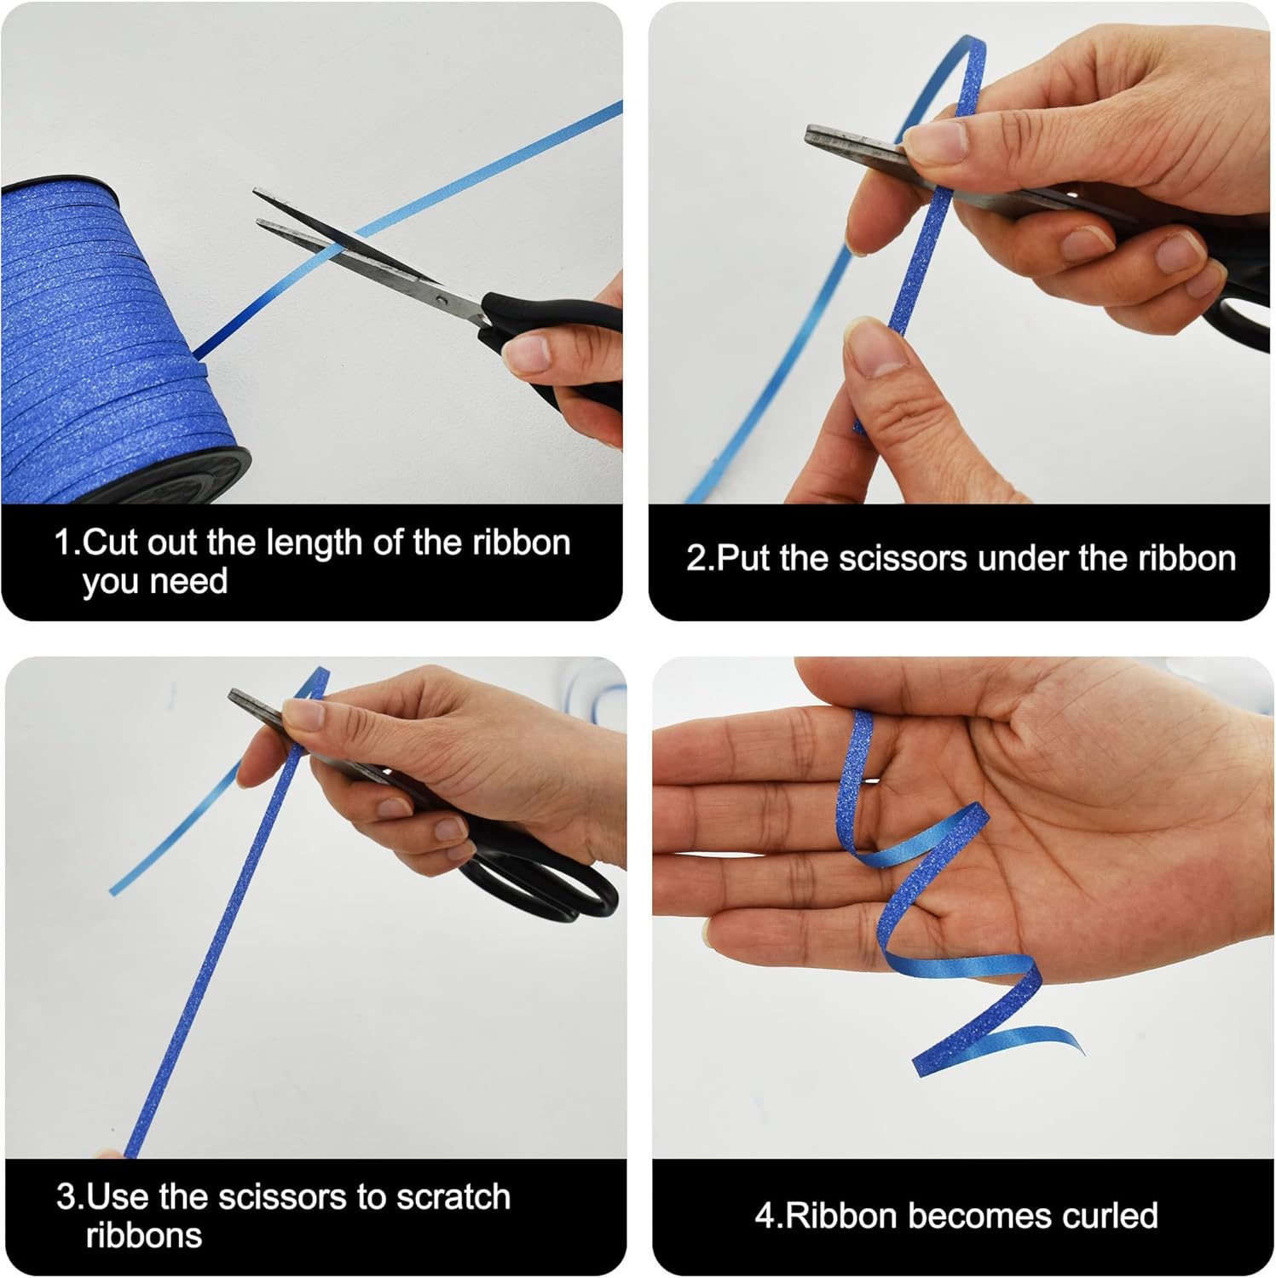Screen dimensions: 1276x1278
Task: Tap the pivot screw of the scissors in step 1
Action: tap(440, 300)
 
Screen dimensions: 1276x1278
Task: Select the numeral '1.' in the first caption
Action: tap(67, 543)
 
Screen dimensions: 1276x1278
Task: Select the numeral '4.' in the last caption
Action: tap(768, 1216)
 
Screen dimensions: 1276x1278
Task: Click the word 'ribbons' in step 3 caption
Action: tap(144, 1235)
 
